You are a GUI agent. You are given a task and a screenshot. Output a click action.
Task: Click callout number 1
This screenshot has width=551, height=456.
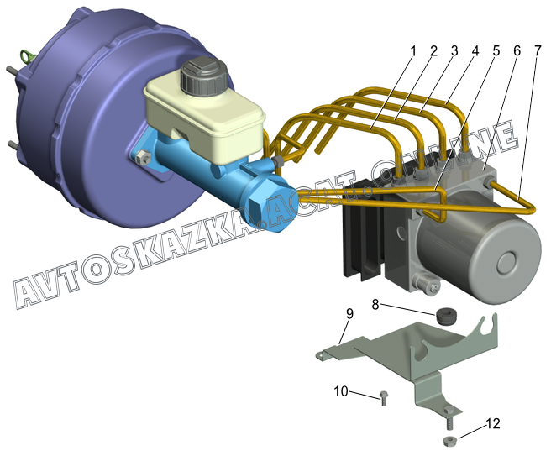tap(413, 51)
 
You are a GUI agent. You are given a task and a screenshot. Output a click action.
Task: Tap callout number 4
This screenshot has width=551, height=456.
tap(475, 51)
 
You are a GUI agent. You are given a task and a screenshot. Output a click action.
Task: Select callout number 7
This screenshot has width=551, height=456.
tap(538, 51)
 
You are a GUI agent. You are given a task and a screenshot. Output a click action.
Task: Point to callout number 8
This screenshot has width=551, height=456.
tap(375, 304)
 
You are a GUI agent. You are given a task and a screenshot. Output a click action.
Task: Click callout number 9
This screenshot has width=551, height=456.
tap(349, 314)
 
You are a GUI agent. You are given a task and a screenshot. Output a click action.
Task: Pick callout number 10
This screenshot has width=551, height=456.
tap(341, 391)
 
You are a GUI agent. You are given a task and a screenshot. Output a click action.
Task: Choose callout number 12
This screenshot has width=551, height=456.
tap(493, 424)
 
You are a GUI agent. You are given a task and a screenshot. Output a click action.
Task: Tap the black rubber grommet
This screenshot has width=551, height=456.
tap(446, 316)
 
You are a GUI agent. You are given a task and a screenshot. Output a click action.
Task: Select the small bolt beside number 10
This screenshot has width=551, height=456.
tap(383, 399)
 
